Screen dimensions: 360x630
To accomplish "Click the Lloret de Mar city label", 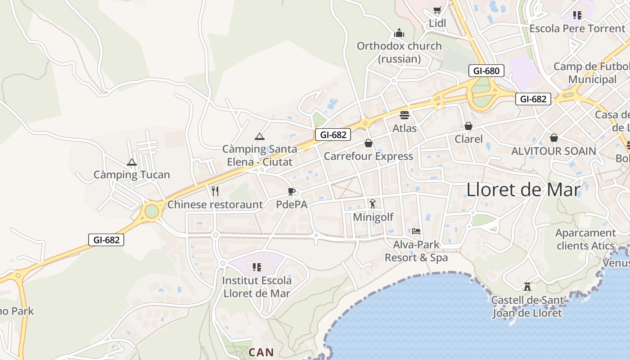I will tap(523, 189).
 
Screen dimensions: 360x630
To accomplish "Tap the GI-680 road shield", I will tap(486, 71).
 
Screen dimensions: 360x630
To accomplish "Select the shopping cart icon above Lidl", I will tap(436, 10).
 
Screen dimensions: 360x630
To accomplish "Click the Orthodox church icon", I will tap(399, 33).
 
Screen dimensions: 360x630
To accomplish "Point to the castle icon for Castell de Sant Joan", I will tap(527, 286).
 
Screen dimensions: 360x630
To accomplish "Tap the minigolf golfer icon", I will tap(373, 204).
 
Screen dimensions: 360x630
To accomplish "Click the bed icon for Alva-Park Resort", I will tap(416, 231).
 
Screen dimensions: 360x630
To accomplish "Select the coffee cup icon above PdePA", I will tap(292, 191).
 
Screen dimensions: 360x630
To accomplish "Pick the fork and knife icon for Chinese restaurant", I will tap(215, 191).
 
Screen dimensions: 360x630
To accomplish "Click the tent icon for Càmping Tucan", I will tap(132, 162).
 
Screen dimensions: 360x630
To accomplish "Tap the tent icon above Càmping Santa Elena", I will tap(259, 136).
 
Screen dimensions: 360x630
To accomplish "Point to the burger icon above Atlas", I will tap(405, 115).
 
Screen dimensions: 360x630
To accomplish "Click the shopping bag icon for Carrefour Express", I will tap(369, 143).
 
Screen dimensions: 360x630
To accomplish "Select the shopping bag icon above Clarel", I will tap(468, 126).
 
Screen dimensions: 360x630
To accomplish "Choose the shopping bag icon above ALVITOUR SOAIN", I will tap(553, 138).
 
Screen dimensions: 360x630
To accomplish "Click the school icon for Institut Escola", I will tap(257, 267).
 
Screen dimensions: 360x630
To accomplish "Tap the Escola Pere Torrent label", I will tap(577, 28).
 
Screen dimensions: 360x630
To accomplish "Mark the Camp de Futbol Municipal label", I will tap(591, 73).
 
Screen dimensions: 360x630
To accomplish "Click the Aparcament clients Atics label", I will tap(585, 239).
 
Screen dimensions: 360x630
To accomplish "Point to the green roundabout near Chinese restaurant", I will tap(152, 211).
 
